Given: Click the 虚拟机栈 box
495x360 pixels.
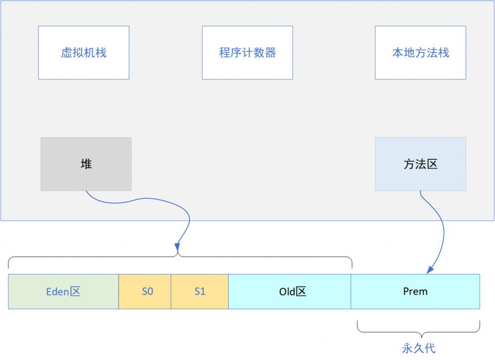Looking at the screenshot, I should tap(84, 53).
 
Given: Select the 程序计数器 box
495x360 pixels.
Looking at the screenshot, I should tap(247, 53).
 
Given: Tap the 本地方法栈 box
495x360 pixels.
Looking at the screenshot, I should tap(420, 53).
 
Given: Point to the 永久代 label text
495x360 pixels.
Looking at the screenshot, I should tap(418, 348).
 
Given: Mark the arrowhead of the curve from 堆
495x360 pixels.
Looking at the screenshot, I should tap(176, 246).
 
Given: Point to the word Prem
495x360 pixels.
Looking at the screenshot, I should tap(415, 292).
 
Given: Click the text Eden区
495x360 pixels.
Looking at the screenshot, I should tap(63, 292).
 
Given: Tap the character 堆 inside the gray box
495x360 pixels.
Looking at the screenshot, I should tap(86, 164).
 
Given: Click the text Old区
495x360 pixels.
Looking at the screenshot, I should tap(293, 292).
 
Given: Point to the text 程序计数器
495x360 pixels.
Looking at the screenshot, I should tap(247, 53).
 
